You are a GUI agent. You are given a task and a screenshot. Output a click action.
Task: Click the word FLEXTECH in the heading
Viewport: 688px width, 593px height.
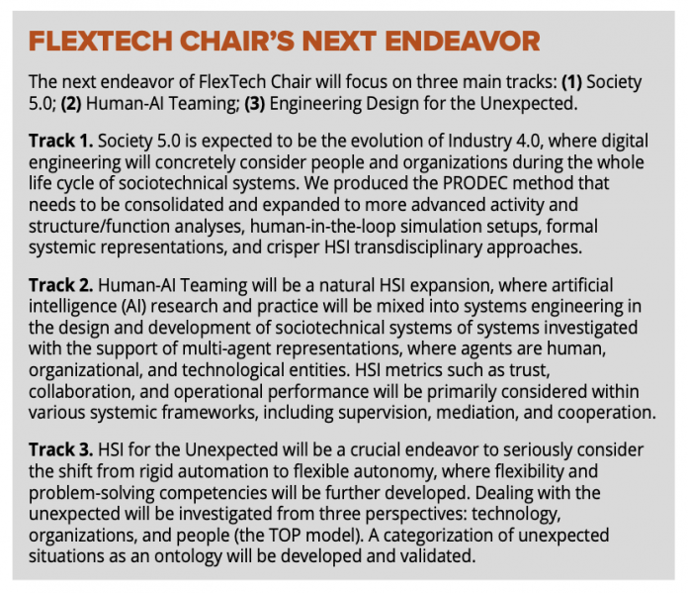(101, 42)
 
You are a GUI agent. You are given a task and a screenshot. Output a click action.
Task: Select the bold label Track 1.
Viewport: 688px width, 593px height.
(60, 142)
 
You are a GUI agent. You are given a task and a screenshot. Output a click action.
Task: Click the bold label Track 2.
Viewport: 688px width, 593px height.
(60, 285)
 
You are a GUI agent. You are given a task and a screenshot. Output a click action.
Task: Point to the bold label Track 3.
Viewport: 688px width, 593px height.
(60, 449)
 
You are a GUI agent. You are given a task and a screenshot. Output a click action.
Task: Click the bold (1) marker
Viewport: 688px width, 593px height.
(571, 82)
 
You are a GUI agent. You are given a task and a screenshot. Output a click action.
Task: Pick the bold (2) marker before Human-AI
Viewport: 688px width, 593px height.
(71, 104)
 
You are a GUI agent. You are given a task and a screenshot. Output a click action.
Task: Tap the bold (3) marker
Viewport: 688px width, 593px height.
(255, 104)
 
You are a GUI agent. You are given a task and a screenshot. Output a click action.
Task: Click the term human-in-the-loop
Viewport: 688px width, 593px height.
(323, 227)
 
